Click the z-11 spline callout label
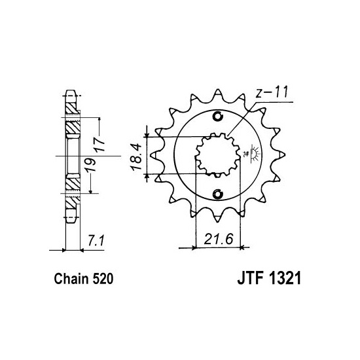coord(272,92)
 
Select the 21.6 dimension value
coord(219,239)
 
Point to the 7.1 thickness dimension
coord(96,241)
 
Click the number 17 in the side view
coord(99,144)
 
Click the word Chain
coord(71,279)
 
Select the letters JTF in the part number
coord(250,279)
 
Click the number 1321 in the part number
coord(284,279)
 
